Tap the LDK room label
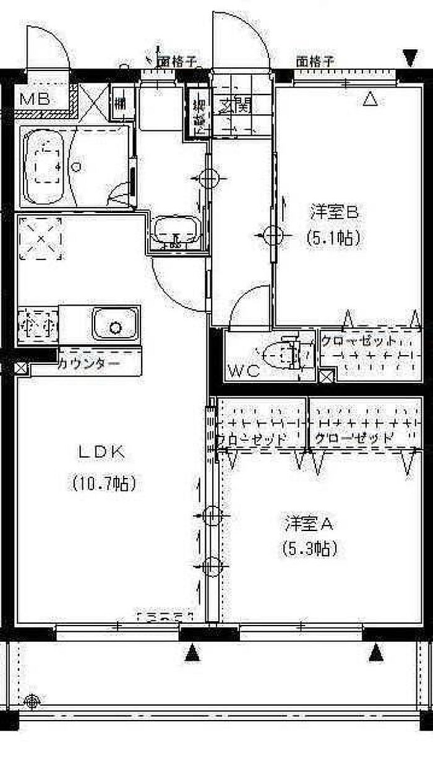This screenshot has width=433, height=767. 102,451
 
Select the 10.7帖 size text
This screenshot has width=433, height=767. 103,482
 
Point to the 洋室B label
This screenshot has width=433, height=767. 334,212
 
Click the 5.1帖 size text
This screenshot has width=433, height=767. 333,238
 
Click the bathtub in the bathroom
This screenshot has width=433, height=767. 44,167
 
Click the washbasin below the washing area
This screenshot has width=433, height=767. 176,233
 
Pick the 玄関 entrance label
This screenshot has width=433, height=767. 235,106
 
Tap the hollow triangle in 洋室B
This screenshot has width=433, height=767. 369,98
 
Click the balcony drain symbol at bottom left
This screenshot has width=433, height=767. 33,700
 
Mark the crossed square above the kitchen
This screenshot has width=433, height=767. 41,239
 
